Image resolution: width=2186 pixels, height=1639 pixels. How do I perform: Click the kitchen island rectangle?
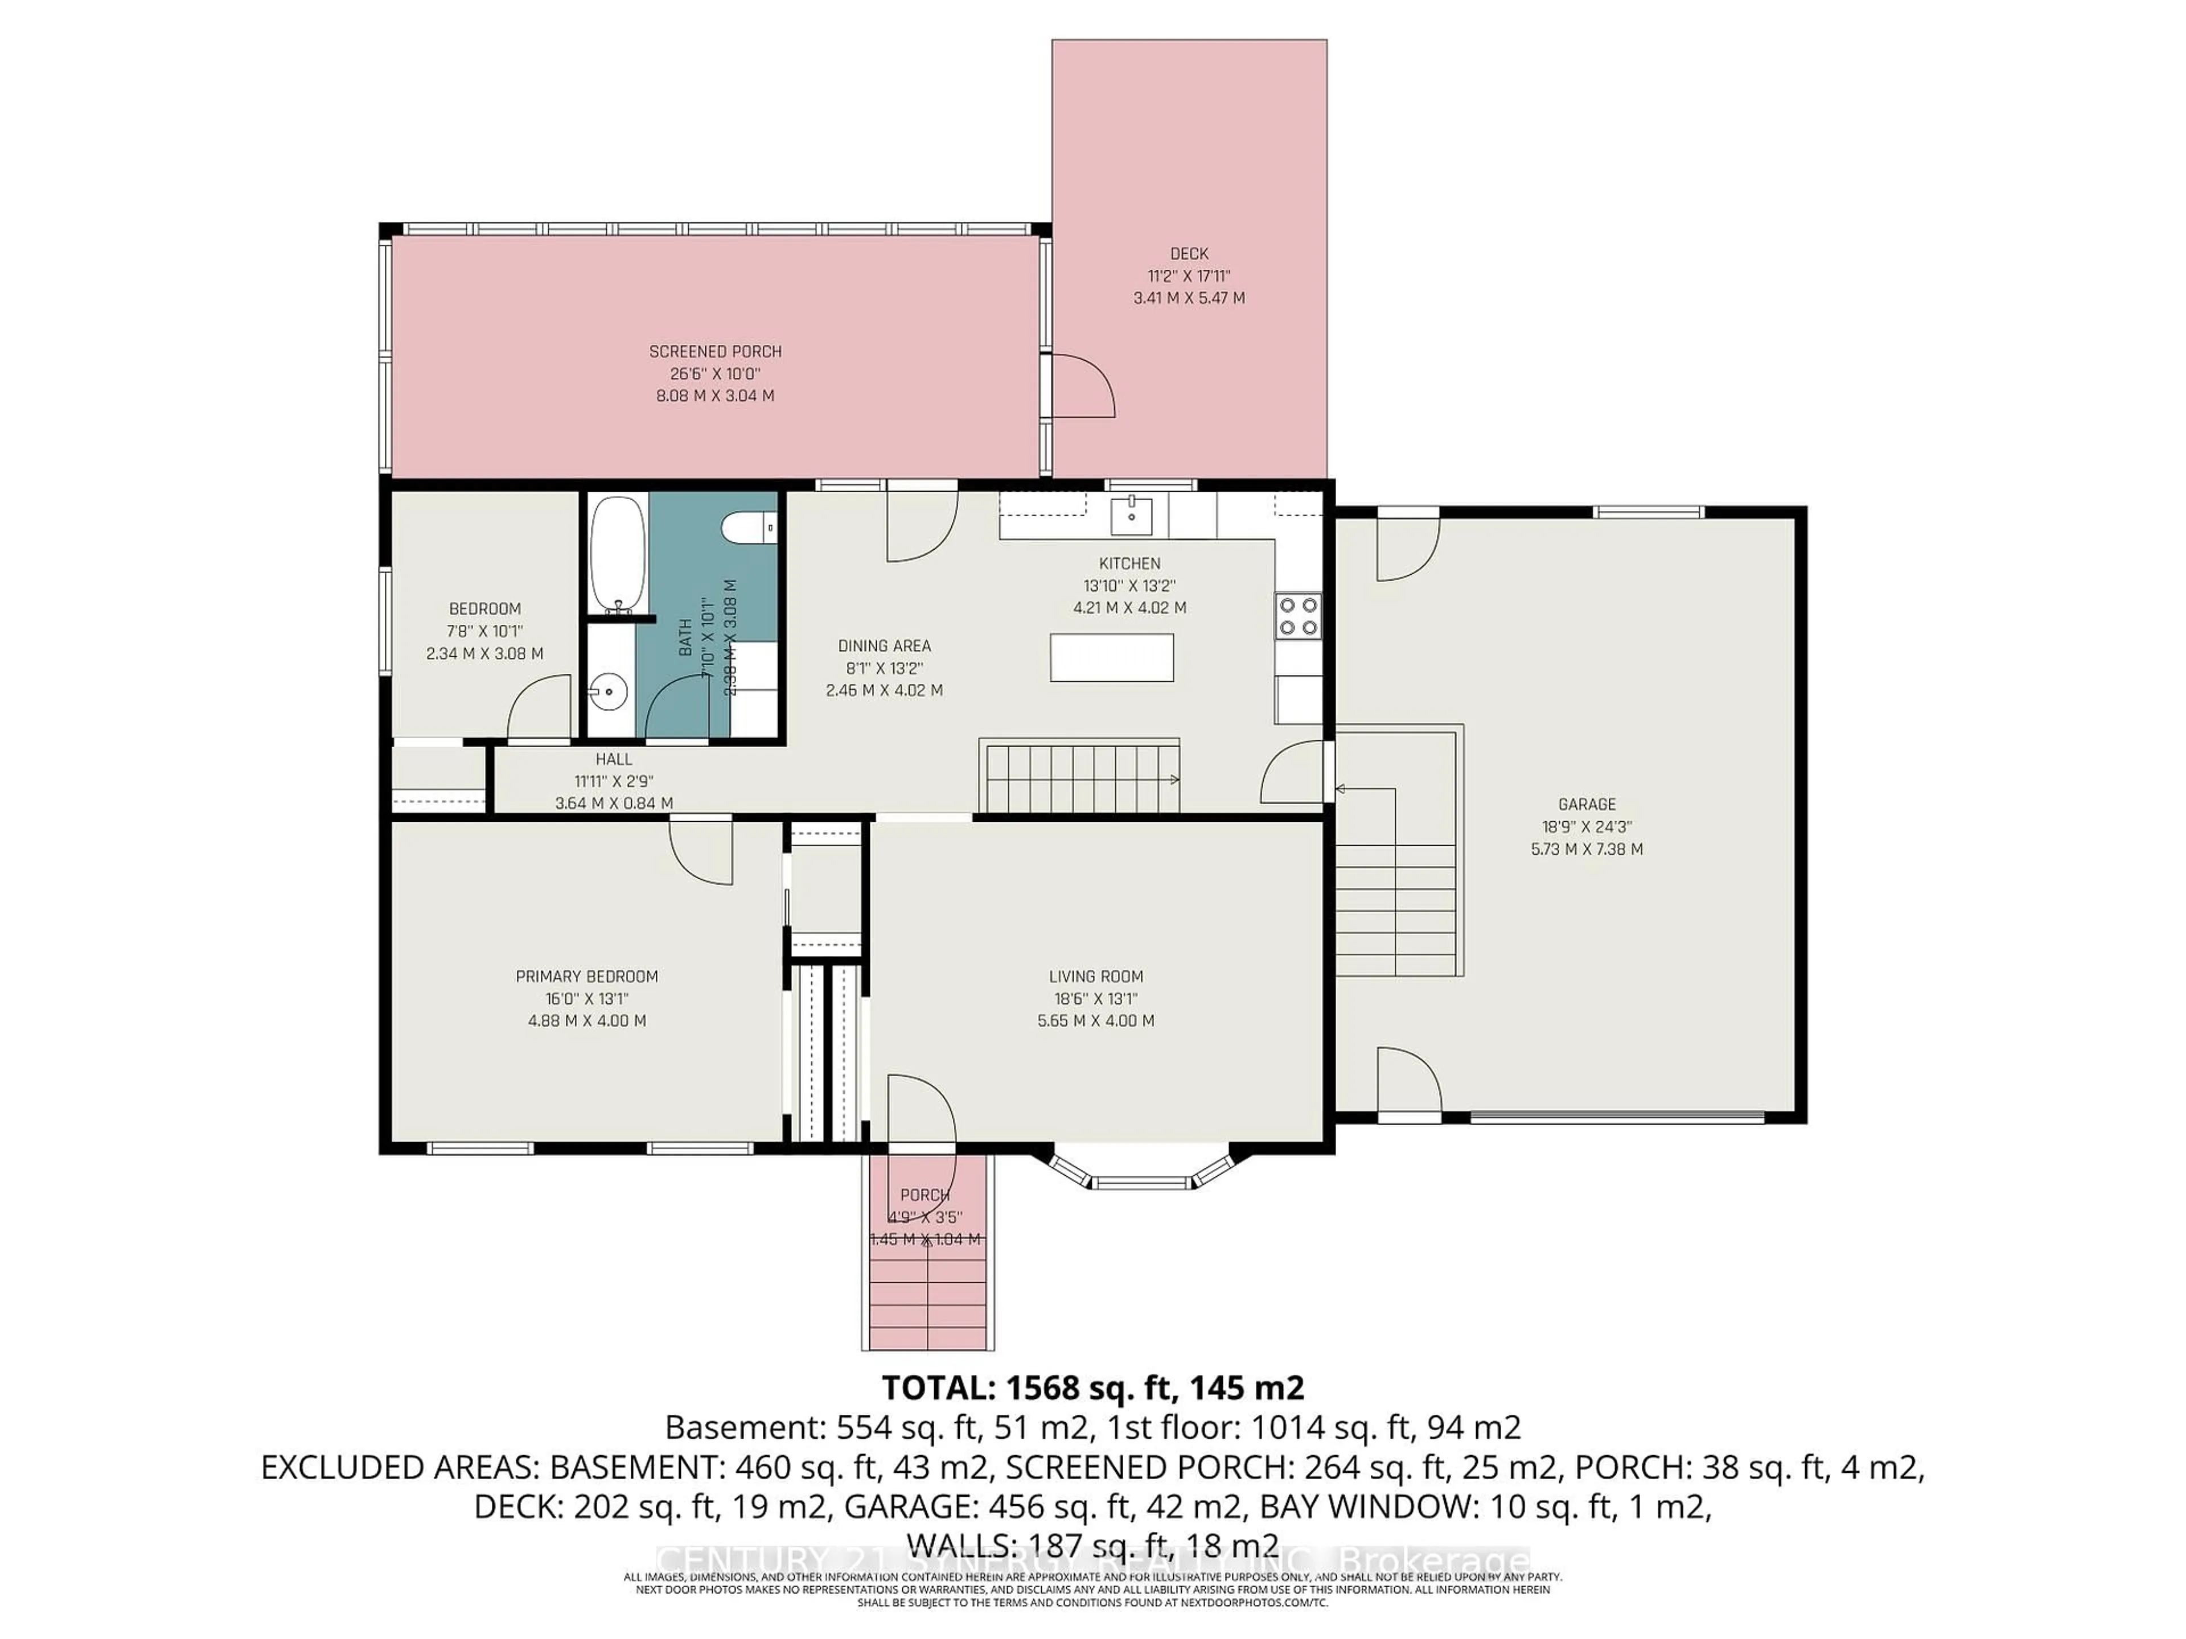(1112, 658)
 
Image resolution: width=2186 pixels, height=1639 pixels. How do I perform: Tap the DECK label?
(1189, 254)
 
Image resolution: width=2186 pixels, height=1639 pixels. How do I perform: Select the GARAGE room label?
(1586, 804)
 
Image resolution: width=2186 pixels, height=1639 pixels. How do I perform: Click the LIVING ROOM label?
(1096, 976)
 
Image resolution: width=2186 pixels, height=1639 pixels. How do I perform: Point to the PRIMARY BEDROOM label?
(587, 976)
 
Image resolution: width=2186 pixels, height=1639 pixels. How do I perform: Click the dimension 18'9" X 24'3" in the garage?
(1586, 827)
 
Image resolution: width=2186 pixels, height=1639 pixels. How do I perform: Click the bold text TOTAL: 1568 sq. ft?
(1092, 1388)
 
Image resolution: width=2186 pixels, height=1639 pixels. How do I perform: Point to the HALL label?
(614, 759)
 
